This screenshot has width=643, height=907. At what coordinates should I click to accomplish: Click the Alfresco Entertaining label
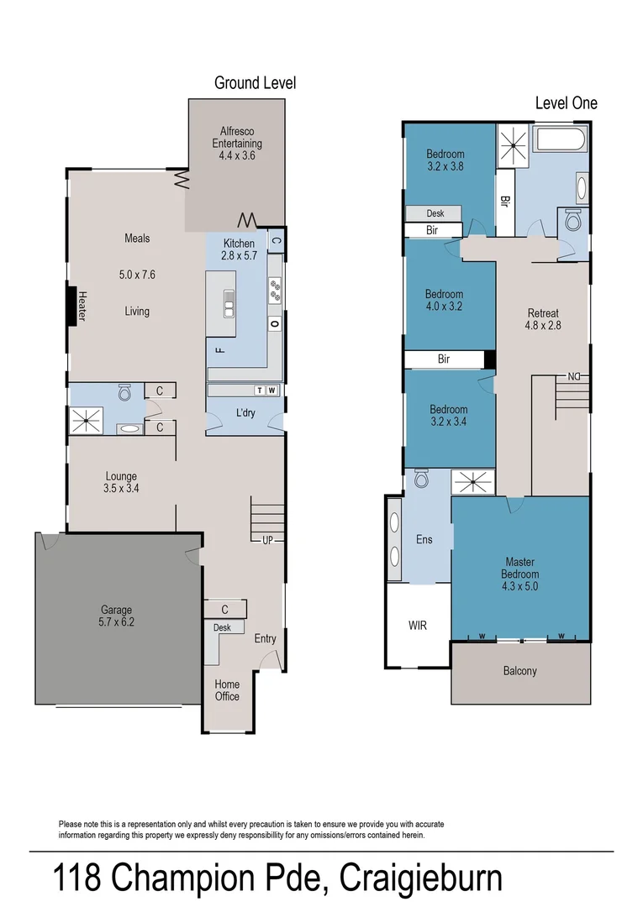236,143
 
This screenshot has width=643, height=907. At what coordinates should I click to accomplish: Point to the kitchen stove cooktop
275,291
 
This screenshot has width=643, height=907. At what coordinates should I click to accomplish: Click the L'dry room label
245,413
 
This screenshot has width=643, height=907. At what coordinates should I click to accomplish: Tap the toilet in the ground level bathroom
125,392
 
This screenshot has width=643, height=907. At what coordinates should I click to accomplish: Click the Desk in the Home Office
223,627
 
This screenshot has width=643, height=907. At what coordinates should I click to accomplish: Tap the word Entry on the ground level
265,639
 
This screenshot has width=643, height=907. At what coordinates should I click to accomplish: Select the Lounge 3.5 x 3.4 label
121,482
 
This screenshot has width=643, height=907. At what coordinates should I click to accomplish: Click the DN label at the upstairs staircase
575,375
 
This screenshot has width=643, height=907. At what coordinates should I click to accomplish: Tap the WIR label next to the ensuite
418,626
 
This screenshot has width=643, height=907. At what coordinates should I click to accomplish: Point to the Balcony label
519,671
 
